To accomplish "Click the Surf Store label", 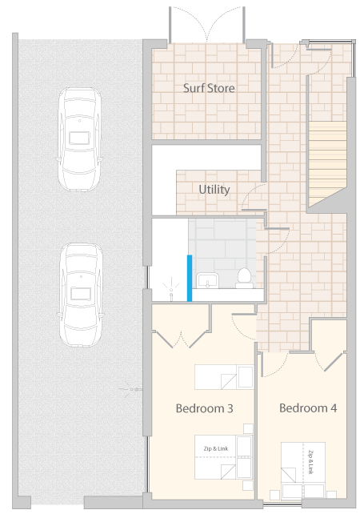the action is click(209, 88).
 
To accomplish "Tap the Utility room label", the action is click(214, 190).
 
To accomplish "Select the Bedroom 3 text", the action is click(205, 408).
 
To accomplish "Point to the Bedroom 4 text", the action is click(308, 408).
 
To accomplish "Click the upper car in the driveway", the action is click(79, 139).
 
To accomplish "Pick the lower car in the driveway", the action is click(81, 295).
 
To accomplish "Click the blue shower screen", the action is click(190, 278).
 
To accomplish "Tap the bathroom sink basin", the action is click(207, 281).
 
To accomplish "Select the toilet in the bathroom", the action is click(244, 278).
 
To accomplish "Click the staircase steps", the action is click(327, 163).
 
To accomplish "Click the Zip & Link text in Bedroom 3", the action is click(216, 448).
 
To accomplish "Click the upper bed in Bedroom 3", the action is click(224, 377).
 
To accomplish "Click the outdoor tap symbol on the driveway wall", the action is click(130, 389).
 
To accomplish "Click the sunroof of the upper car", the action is click(79, 138).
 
